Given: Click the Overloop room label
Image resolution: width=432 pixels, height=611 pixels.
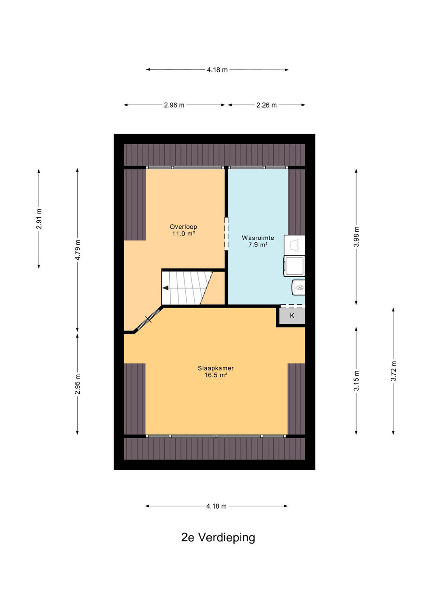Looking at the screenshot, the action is (x=183, y=227).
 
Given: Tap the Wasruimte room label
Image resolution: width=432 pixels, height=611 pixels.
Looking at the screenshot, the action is (x=258, y=238).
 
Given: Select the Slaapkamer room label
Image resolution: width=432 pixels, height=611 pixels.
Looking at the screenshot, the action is (x=216, y=368).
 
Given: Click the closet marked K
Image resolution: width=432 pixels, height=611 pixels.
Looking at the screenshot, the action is (x=292, y=316).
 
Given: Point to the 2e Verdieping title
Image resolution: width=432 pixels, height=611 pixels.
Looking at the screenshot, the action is (x=218, y=537).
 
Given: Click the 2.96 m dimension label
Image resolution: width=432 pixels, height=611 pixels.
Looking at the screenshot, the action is (x=174, y=105).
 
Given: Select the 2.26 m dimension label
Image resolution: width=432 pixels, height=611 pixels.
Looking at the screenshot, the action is (x=266, y=105).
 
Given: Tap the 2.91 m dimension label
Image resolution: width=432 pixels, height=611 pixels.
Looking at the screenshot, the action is (x=39, y=219).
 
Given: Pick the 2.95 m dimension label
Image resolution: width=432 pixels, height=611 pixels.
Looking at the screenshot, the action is (x=78, y=384).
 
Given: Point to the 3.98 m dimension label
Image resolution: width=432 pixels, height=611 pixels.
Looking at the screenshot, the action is (x=356, y=236).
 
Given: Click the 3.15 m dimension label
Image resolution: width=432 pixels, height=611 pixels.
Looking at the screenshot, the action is (x=356, y=381).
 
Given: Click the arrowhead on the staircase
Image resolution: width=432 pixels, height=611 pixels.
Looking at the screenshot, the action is (x=165, y=288).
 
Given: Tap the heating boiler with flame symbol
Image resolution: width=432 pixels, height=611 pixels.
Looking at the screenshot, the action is (x=299, y=287).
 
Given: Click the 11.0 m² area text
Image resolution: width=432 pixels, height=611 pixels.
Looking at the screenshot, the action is (x=184, y=233).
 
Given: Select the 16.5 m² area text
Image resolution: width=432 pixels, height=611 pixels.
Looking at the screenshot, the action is (x=216, y=375).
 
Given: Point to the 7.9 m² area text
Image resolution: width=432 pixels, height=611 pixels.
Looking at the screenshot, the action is (x=258, y=245).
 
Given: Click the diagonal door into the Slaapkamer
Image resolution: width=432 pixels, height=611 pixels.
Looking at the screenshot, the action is (x=149, y=319).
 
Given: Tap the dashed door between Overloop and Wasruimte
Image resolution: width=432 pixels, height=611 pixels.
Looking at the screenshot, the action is (x=226, y=234).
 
